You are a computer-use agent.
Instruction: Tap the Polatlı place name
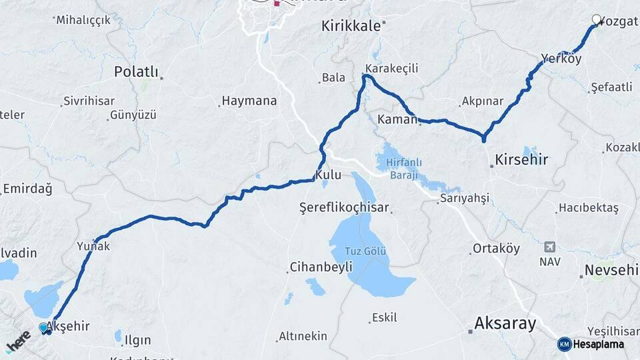click(136, 71)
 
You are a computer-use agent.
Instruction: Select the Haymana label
click(249, 101)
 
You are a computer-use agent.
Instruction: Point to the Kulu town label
click(328, 175)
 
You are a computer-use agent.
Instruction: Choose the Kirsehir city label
click(521, 160)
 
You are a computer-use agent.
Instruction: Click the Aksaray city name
click(505, 324)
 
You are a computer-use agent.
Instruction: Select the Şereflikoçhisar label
click(343, 207)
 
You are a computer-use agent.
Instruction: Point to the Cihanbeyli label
click(321, 267)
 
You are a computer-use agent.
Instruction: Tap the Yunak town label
click(93, 246)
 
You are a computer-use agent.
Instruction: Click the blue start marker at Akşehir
click(44, 328)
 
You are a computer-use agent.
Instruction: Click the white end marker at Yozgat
click(596, 20)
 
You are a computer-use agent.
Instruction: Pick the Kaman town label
click(397, 119)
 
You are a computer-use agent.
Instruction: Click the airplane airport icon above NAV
click(550, 246)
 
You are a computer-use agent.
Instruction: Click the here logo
click(18, 341)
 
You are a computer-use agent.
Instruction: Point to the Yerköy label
click(561, 59)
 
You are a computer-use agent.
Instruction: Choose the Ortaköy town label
click(496, 248)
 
